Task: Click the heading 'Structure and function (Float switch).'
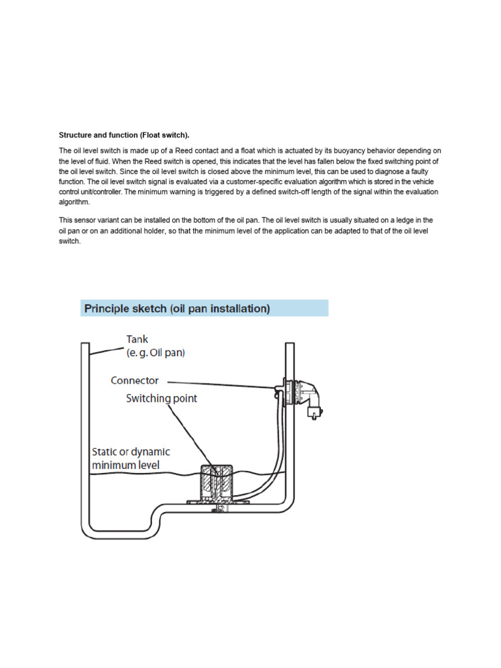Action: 124,135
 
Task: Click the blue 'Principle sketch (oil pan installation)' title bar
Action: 204,309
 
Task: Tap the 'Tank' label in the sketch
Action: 137,339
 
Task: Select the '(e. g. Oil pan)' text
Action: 156,353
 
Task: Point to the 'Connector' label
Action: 134,381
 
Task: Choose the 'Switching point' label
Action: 161,398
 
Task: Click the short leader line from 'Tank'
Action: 107,348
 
